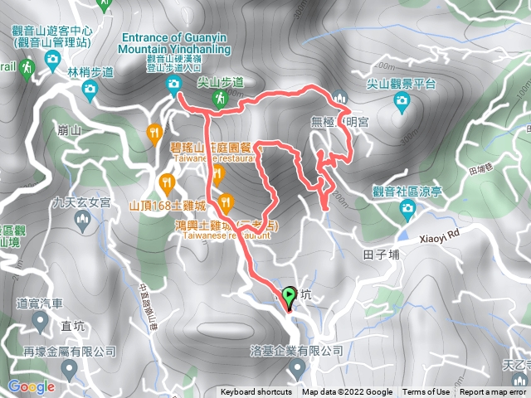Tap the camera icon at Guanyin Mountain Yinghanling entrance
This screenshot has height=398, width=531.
click(x=173, y=84)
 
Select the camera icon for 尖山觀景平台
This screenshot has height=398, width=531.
click(x=402, y=101)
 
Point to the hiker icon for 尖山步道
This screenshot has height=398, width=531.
click(x=220, y=99)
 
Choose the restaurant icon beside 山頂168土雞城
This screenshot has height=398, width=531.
click(x=168, y=182)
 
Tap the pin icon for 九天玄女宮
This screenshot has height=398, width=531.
click(x=81, y=219)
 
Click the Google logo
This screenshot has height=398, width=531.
click(x=31, y=386)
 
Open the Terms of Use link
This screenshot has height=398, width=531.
click(x=426, y=392)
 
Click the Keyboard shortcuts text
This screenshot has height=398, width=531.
click(x=256, y=392)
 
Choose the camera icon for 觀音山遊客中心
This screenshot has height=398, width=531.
click(x=51, y=59)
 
